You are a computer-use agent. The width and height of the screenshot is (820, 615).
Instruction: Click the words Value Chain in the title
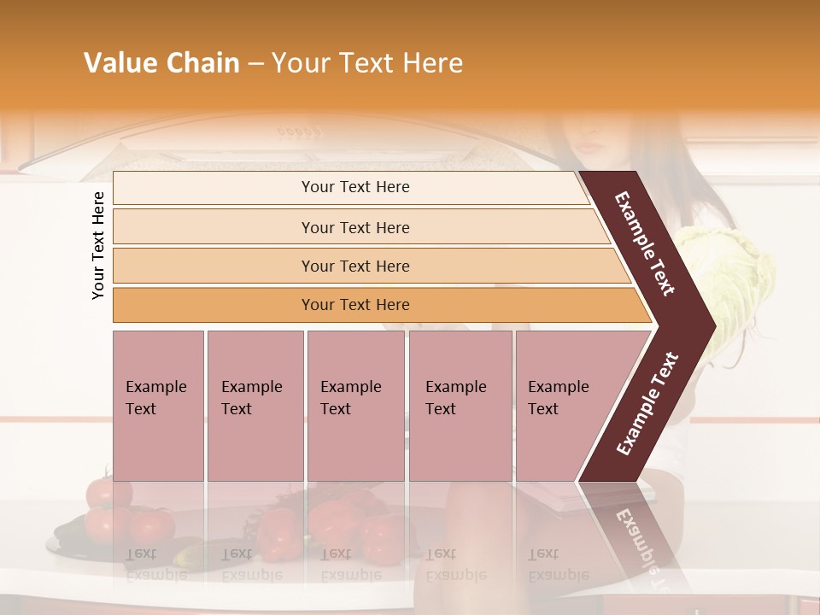coord(161,63)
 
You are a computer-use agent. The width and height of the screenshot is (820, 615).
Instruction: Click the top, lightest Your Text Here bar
coord(355,187)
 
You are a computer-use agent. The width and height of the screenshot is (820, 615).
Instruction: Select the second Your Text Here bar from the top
coord(355,227)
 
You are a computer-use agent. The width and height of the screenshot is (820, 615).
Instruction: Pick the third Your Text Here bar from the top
coord(355,266)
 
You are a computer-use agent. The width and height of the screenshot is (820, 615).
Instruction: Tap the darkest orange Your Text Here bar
coord(355,305)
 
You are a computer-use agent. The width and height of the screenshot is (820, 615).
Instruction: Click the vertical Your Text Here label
coord(98,245)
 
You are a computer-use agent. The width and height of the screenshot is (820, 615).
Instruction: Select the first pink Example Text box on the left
coord(158,406)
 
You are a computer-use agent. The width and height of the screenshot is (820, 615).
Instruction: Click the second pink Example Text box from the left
coord(255,406)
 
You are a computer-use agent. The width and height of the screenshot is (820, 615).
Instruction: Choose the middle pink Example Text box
coord(355,406)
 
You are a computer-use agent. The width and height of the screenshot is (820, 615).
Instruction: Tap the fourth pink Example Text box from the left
coord(460,406)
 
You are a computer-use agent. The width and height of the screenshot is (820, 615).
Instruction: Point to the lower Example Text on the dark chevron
coord(647,403)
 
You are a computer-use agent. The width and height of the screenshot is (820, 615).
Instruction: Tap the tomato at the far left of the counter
coord(108,493)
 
